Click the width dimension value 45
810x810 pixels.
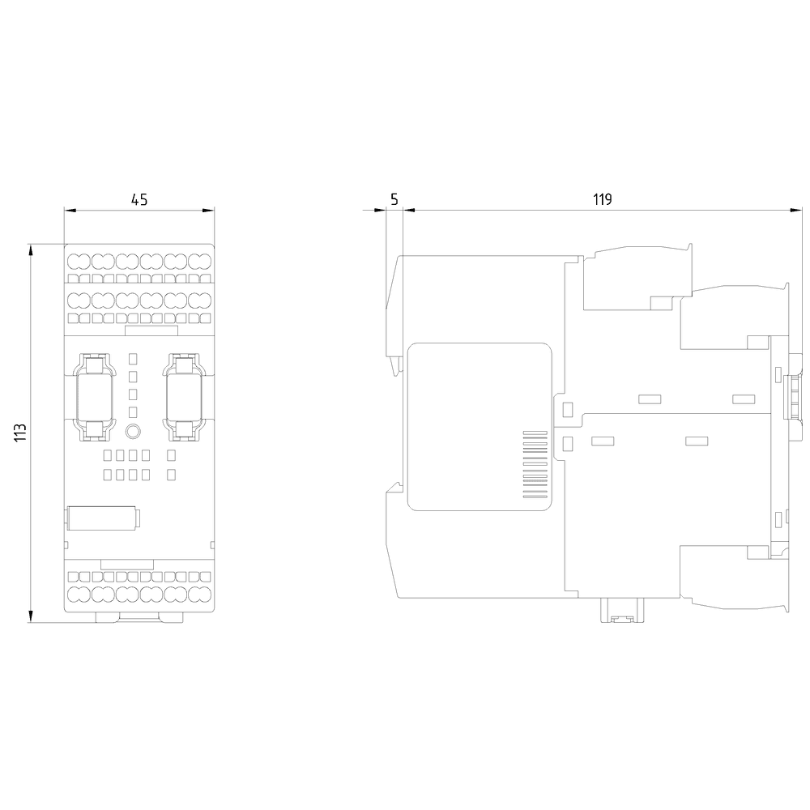click(x=139, y=199)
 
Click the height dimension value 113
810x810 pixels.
click(x=20, y=432)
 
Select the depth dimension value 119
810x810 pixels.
click(x=603, y=199)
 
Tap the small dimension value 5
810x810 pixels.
click(x=394, y=199)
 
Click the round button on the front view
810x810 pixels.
click(x=133, y=432)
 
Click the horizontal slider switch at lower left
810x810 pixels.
click(x=104, y=518)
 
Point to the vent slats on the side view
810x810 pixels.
click(x=535, y=464)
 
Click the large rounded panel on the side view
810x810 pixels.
click(x=480, y=427)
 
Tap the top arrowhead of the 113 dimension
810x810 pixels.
click(x=32, y=250)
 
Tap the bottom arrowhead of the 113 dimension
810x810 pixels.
click(x=32, y=616)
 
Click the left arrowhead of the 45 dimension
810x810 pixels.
click(x=70, y=211)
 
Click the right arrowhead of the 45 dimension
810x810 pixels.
click(x=208, y=211)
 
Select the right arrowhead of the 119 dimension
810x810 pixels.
click(x=796, y=211)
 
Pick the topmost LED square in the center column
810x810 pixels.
click(x=133, y=358)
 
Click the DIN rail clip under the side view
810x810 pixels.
click(x=621, y=610)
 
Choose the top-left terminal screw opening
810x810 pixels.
click(x=79, y=262)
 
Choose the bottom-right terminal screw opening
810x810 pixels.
click(x=199, y=594)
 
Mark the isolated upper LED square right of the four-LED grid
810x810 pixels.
click(x=172, y=455)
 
